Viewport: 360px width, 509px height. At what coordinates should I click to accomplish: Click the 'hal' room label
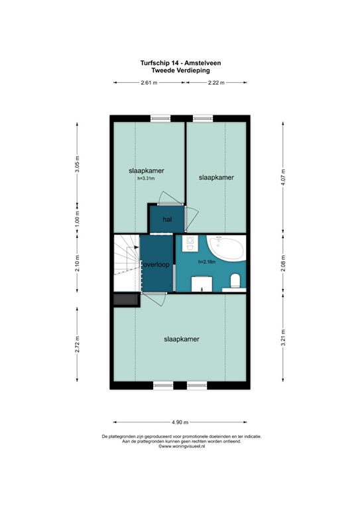158,219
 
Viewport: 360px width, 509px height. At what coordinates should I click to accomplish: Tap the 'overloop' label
156,264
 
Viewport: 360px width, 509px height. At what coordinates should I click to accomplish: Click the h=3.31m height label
146,178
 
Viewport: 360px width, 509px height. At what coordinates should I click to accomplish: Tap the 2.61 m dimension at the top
149,83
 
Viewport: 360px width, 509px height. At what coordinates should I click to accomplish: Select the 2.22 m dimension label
215,83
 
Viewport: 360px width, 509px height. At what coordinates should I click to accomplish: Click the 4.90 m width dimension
180,422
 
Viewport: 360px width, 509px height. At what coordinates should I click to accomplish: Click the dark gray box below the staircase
125,300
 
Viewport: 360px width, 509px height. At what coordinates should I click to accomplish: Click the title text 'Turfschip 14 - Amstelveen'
180,62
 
